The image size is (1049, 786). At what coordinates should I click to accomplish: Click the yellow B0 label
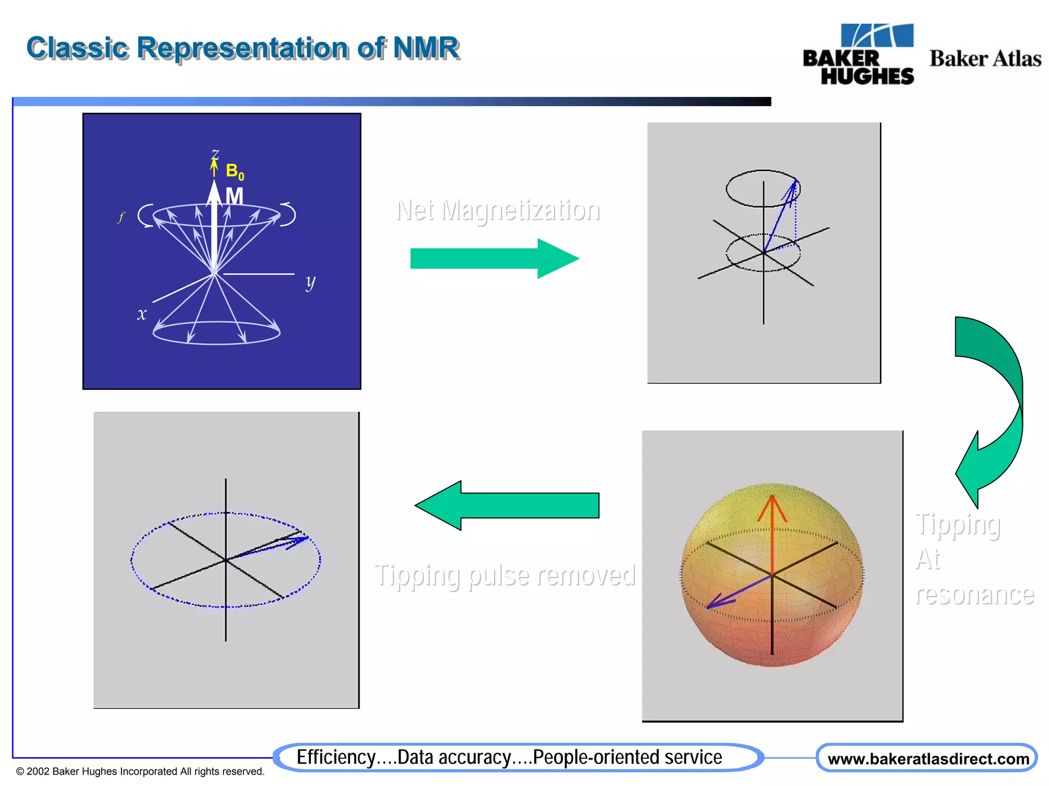coord(235,171)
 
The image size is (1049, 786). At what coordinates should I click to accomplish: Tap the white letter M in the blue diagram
coord(234,196)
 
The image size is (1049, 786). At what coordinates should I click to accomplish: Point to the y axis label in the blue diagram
coord(310,282)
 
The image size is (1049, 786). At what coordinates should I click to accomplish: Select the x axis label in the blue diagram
coord(142,314)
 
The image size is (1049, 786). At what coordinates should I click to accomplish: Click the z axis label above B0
coord(215,153)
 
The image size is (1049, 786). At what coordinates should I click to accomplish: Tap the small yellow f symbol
coord(121,217)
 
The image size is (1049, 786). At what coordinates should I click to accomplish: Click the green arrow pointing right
coord(494,259)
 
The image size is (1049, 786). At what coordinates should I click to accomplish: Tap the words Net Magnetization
coord(498,210)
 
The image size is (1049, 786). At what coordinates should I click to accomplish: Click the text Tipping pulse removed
coord(505,575)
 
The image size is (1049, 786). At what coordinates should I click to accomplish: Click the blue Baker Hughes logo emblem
coord(877,36)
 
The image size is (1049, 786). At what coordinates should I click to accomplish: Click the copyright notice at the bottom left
coord(140,771)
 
